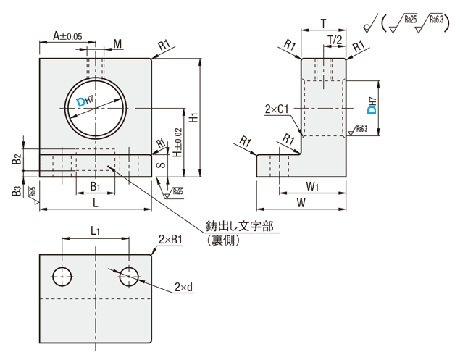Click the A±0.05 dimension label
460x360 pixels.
click(x=67, y=35)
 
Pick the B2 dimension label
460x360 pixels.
click(x=17, y=159)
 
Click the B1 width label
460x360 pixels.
click(x=94, y=186)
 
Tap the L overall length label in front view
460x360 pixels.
click(x=96, y=204)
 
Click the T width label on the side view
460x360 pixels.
click(x=322, y=23)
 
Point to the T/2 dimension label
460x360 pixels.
click(x=335, y=39)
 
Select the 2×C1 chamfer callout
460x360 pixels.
click(x=277, y=109)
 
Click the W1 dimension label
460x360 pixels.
click(x=312, y=186)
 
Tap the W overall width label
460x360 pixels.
click(x=301, y=204)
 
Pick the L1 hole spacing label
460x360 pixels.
click(x=96, y=230)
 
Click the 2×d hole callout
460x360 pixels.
click(x=183, y=288)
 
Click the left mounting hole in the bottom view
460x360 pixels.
click(x=62, y=275)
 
